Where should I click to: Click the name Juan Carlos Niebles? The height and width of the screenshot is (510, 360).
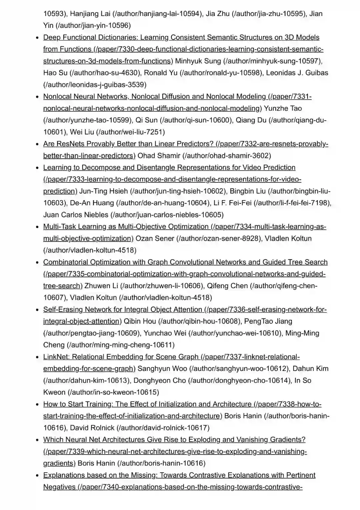coord(76,215)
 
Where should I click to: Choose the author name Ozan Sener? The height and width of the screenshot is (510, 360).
coord(155,238)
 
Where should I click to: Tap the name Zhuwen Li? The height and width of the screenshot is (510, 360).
coord(101,286)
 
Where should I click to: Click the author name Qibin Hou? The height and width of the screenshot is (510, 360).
coord(140,321)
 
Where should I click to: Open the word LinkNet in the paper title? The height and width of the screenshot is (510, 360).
coord(56,357)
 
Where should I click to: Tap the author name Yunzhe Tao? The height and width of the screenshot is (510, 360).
coord(283,108)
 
